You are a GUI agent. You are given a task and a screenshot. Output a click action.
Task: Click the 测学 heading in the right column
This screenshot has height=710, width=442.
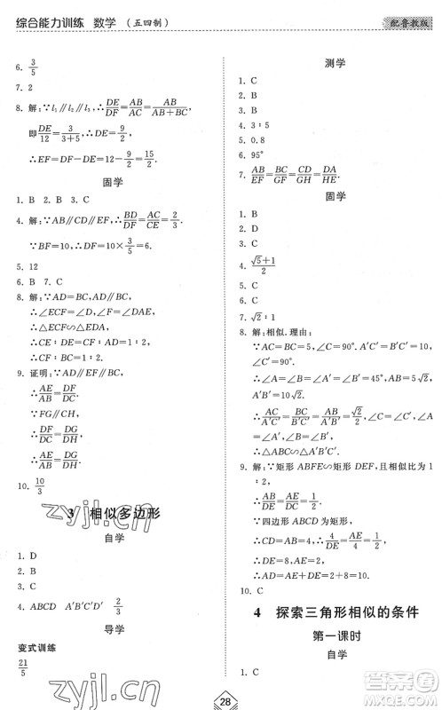point(335,64)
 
